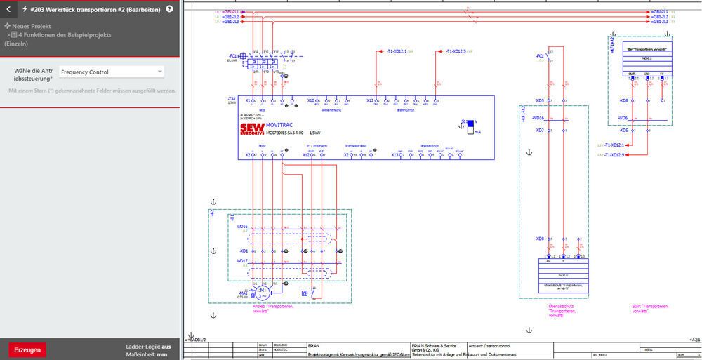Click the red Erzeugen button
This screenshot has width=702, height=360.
[27, 349]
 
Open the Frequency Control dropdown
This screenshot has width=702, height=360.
[112, 72]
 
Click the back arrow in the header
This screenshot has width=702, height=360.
[8, 10]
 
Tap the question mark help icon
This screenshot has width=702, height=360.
[169, 10]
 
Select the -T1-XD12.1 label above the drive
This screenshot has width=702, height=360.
[397, 51]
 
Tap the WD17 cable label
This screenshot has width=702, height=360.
[242, 261]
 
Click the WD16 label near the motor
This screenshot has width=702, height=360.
[242, 227]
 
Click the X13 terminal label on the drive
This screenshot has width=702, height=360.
[395, 154]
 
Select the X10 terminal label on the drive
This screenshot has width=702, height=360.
[310, 100]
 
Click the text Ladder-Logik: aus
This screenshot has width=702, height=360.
[148, 346]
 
